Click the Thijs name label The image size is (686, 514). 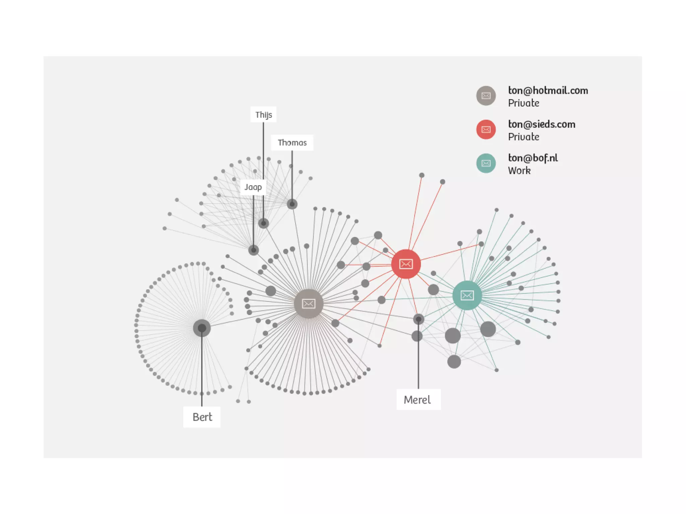(264, 115)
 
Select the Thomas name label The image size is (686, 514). (292, 143)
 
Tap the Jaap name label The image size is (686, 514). (253, 187)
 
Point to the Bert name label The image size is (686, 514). (202, 417)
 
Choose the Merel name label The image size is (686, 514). (418, 399)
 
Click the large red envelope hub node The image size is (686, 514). (406, 264)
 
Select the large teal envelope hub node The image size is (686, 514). (467, 295)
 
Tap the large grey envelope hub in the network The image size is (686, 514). (308, 303)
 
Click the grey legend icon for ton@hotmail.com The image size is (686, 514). (486, 96)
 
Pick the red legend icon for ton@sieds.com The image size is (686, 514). (486, 130)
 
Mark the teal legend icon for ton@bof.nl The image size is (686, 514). (486, 163)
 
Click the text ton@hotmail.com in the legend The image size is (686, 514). (548, 90)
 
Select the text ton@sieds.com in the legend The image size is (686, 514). (542, 124)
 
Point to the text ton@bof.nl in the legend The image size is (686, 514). (533, 158)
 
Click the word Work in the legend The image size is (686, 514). (519, 170)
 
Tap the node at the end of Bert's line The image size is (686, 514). (202, 328)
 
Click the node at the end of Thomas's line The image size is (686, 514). (292, 204)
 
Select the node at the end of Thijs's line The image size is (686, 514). (264, 223)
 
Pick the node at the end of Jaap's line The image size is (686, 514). (254, 250)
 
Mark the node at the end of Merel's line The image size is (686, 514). (418, 319)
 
